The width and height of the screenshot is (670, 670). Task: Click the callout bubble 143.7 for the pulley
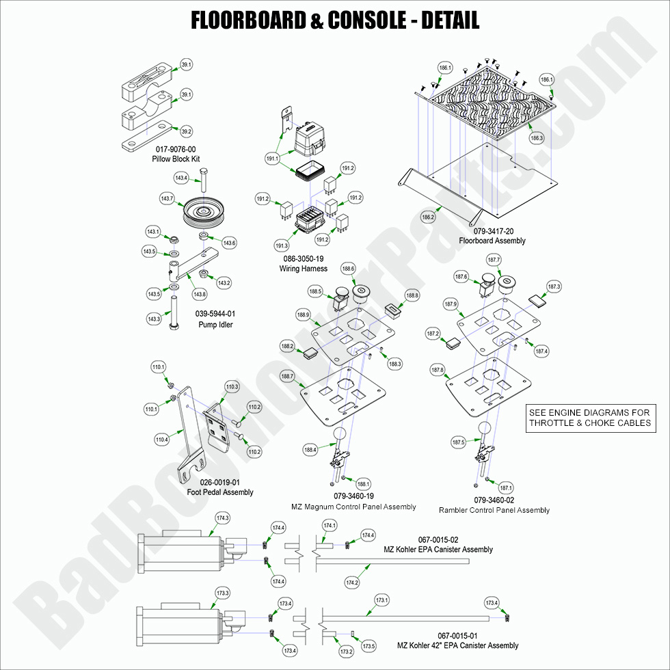click(167, 198)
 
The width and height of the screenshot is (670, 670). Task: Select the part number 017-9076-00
click(176, 149)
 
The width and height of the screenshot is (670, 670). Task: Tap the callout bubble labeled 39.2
click(186, 131)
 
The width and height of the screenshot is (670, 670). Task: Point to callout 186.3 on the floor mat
click(537, 137)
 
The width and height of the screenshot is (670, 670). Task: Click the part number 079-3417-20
click(492, 231)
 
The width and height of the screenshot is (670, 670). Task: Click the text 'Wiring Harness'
click(303, 269)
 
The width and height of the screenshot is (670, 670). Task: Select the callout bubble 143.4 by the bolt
click(181, 178)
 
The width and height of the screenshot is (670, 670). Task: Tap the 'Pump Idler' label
click(215, 325)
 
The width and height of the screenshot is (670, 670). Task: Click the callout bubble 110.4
click(161, 440)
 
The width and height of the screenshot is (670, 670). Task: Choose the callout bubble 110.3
click(232, 387)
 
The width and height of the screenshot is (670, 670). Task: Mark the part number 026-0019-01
click(219, 483)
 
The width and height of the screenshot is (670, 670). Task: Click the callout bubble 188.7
click(287, 377)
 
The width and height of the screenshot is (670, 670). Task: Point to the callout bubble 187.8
click(437, 370)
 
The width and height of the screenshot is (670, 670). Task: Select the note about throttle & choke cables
click(589, 418)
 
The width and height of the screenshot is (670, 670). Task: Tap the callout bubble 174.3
click(222, 518)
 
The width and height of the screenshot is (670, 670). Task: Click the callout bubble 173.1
click(381, 600)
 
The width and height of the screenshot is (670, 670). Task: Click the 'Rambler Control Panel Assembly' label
click(494, 510)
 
